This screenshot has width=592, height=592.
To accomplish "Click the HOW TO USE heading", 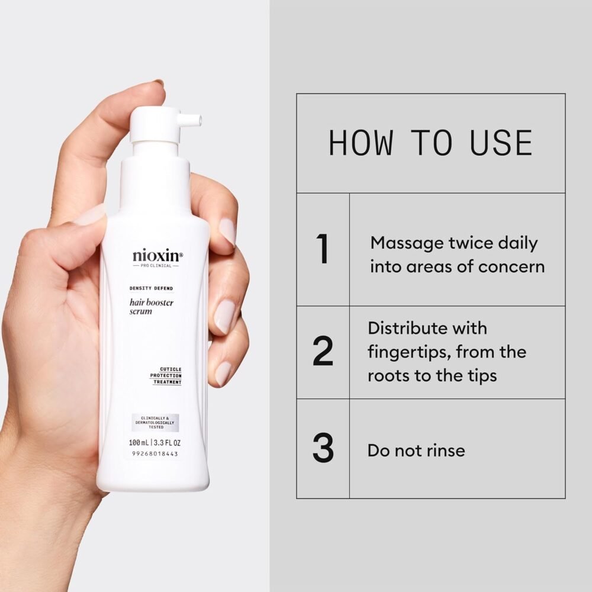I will click(x=430, y=143).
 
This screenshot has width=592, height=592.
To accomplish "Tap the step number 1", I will click(x=323, y=250).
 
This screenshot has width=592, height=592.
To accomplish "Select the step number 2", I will click(x=323, y=352).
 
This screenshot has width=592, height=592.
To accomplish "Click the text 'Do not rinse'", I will click(x=416, y=450).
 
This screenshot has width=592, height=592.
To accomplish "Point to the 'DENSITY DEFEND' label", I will click(x=152, y=288).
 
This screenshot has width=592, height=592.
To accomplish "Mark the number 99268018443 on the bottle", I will click(x=153, y=454).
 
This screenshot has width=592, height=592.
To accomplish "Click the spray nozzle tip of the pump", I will click(x=198, y=120).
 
